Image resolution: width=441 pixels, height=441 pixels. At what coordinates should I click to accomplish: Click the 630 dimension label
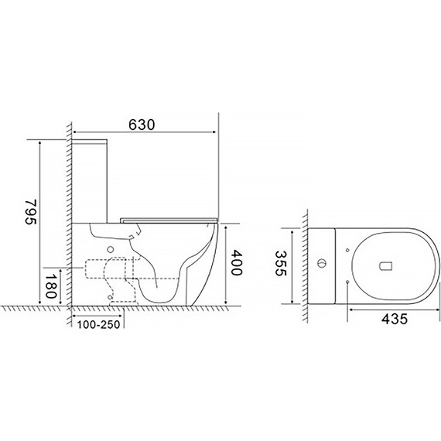click(x=142, y=125)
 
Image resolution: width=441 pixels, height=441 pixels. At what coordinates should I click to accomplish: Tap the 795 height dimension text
click(x=31, y=211)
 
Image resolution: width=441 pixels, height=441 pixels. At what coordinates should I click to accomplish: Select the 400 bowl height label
click(x=236, y=263)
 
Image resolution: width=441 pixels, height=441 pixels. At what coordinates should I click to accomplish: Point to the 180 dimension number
click(x=51, y=286)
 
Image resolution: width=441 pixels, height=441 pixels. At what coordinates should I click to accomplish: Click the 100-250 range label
click(x=99, y=325)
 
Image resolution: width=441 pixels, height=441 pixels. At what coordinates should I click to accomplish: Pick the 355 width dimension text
click(x=280, y=264)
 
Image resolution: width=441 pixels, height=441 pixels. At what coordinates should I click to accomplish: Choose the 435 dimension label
click(x=395, y=319)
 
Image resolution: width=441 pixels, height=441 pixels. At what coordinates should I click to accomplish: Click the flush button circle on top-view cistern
click(x=322, y=264)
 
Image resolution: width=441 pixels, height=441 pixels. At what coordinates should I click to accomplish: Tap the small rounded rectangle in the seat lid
click(x=385, y=266)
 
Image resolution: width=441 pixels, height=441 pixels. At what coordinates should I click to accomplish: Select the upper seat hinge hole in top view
click(x=347, y=250)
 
